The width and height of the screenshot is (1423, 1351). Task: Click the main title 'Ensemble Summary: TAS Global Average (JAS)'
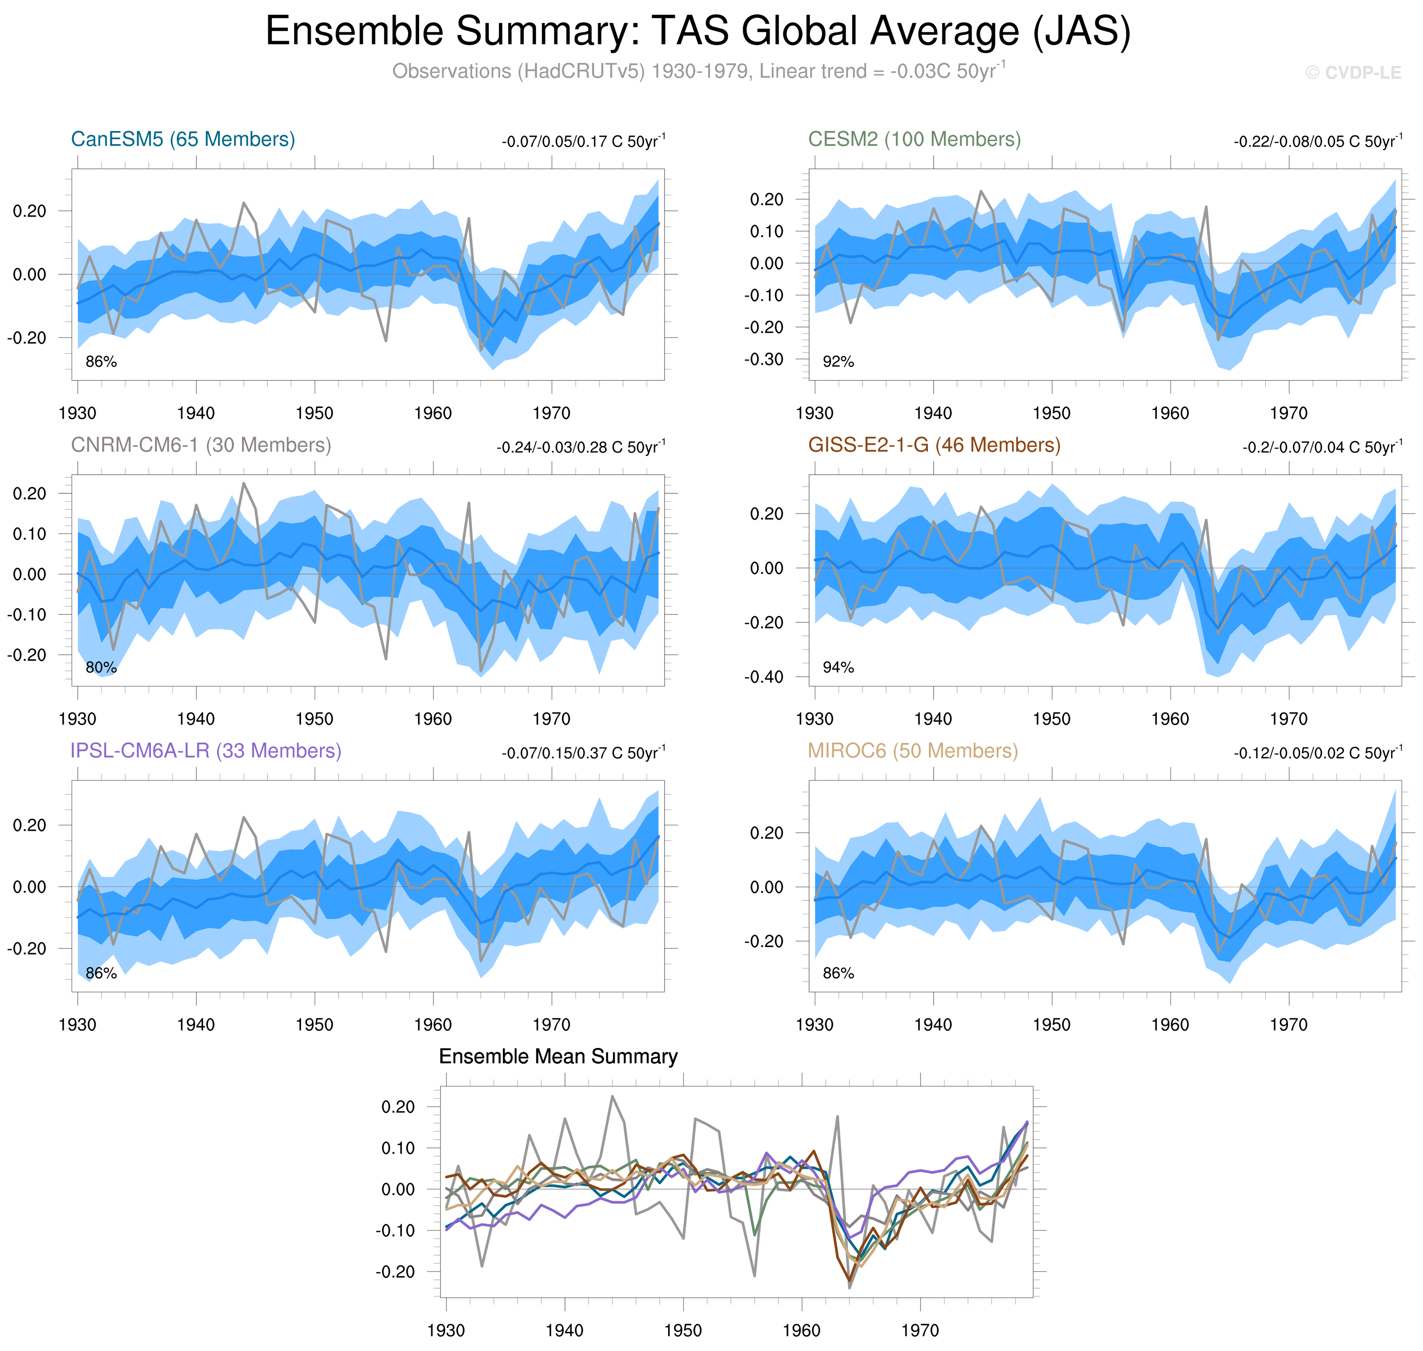pyautogui.click(x=697, y=32)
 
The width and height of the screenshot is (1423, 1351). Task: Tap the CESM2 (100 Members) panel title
pyautogui.click(x=914, y=139)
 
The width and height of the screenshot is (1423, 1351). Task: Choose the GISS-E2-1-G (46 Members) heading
pyautogui.click(x=934, y=445)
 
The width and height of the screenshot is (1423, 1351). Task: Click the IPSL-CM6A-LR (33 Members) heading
pyautogui.click(x=205, y=751)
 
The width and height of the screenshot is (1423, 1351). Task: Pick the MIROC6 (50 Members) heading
pyautogui.click(x=912, y=751)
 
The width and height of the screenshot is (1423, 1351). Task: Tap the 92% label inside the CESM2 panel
pyautogui.click(x=838, y=362)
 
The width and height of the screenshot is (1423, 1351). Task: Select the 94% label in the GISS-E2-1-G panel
pyautogui.click(x=838, y=668)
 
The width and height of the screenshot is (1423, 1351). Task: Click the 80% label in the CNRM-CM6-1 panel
pyautogui.click(x=101, y=668)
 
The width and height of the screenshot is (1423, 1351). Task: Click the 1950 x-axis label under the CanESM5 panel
pyautogui.click(x=314, y=414)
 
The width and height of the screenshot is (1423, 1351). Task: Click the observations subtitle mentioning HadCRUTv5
pyautogui.click(x=697, y=71)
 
